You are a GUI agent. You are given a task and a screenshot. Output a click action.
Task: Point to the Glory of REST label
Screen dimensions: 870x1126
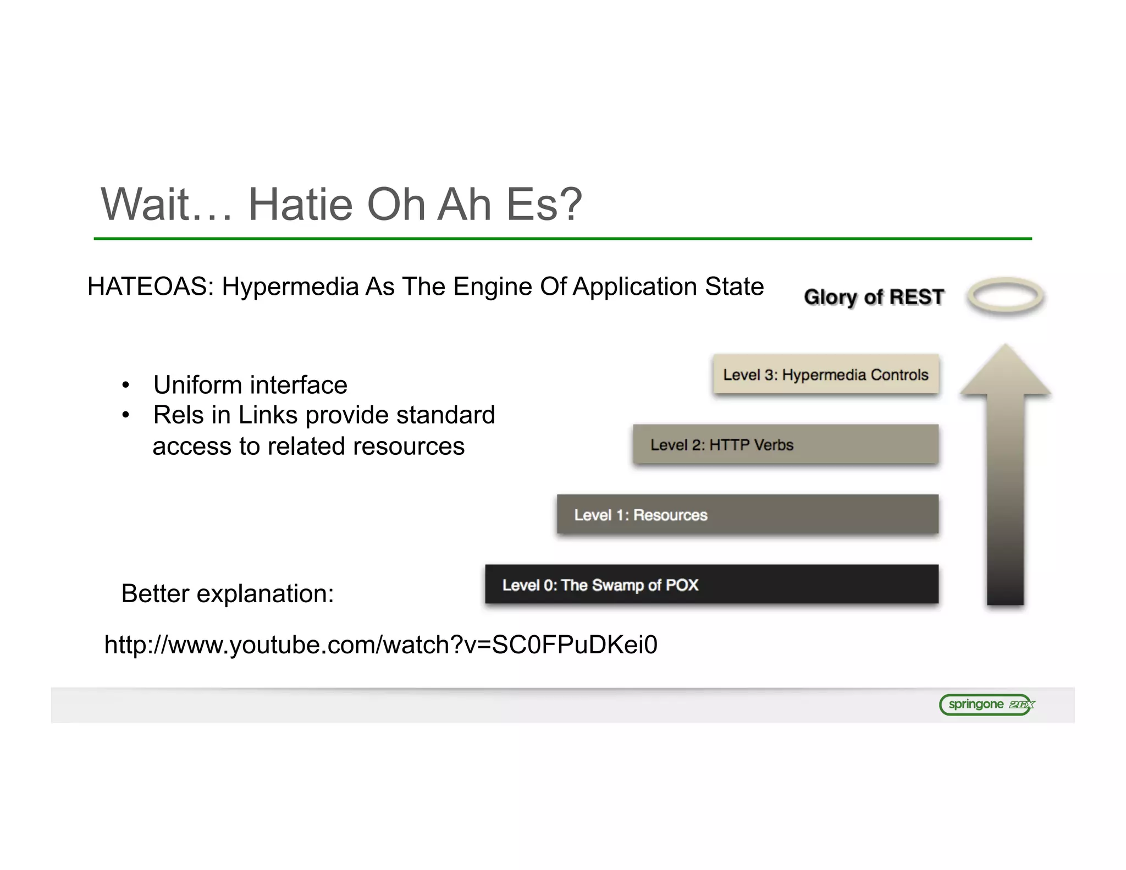(874, 297)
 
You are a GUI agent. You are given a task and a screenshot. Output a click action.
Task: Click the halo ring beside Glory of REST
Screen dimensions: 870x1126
(1005, 296)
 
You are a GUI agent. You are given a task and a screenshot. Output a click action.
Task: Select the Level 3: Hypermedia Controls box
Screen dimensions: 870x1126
(825, 375)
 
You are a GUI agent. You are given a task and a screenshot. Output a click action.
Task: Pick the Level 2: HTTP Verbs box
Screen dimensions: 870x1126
(785, 444)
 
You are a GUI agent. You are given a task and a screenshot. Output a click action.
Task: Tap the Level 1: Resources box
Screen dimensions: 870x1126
(747, 515)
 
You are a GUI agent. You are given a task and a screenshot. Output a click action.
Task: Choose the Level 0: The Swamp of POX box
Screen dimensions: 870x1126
(711, 585)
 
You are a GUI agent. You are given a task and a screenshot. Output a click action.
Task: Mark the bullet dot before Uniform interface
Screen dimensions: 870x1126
(126, 386)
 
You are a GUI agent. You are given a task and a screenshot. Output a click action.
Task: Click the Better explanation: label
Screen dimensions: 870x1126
(228, 593)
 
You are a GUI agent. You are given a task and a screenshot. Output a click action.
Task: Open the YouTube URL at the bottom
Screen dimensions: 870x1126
(380, 645)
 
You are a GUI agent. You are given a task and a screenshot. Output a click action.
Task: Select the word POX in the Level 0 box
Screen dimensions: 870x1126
(682, 585)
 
